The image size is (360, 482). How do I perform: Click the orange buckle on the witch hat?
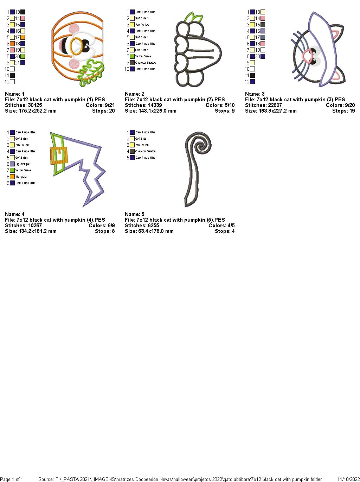[x=59, y=154]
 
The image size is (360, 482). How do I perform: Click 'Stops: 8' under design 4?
[x=105, y=231]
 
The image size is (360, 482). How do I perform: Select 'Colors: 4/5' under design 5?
[x=221, y=226]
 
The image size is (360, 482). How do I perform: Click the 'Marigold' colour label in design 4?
[x=21, y=177]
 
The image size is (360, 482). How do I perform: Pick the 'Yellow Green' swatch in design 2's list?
[x=132, y=56]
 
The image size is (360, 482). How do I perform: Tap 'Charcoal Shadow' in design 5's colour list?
[x=146, y=151]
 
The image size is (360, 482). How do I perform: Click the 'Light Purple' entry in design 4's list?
[x=22, y=164]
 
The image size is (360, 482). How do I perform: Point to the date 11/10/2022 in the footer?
[x=348, y=479]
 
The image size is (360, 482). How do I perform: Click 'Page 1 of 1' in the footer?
[x=12, y=479]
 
